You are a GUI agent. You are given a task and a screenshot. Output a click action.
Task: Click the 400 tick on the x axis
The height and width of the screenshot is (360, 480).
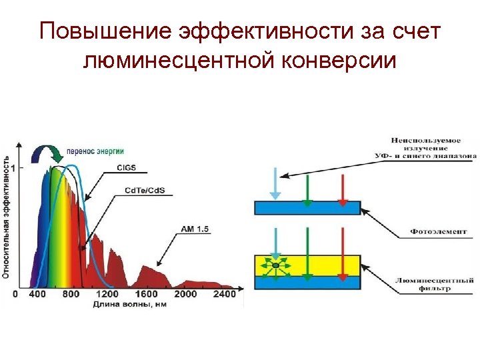click(x=38, y=294)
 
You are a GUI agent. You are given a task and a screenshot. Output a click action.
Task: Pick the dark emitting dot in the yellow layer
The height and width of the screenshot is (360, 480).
click(x=275, y=266)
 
